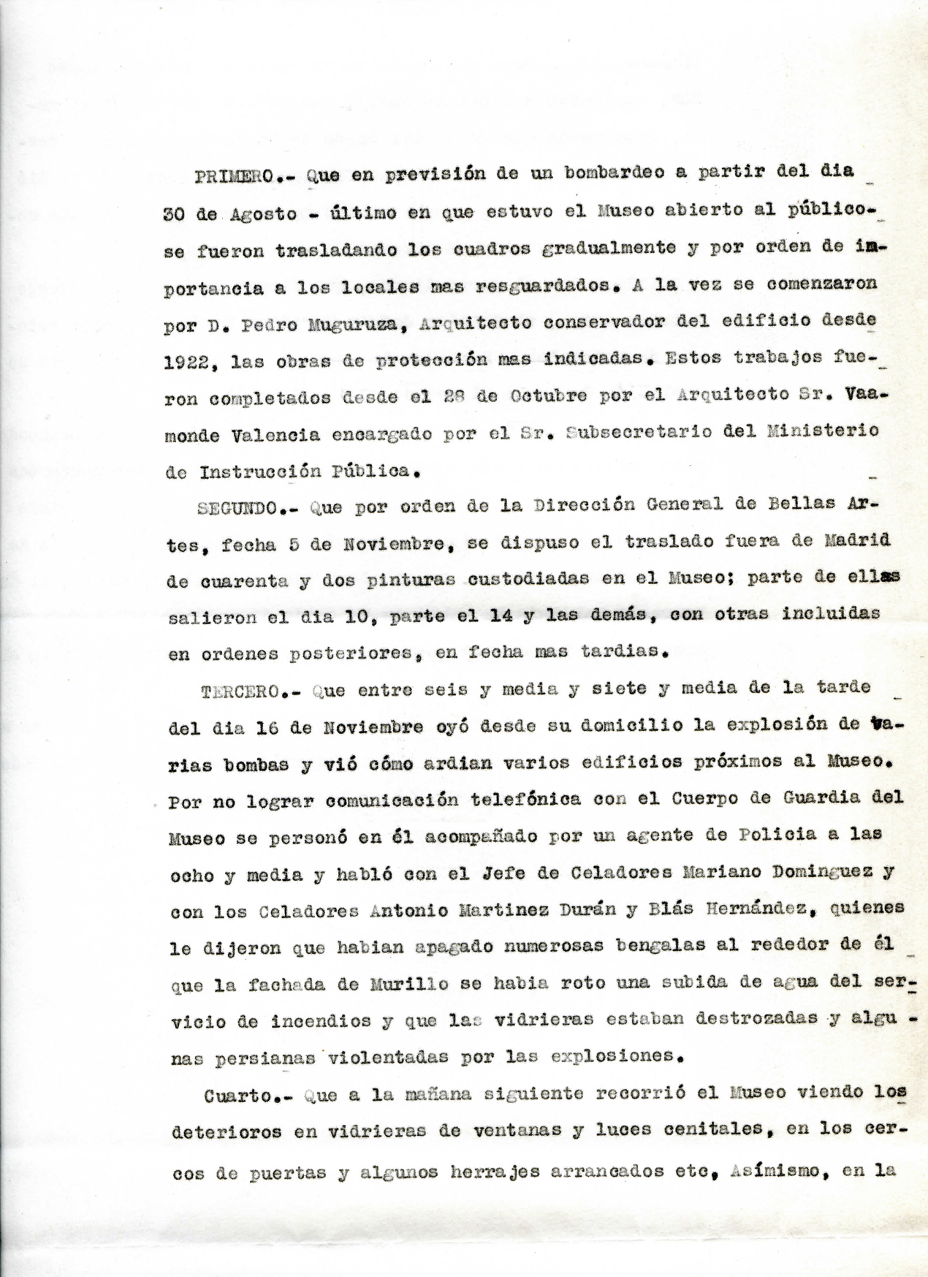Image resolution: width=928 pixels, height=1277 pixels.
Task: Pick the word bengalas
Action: click(x=627, y=945)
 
